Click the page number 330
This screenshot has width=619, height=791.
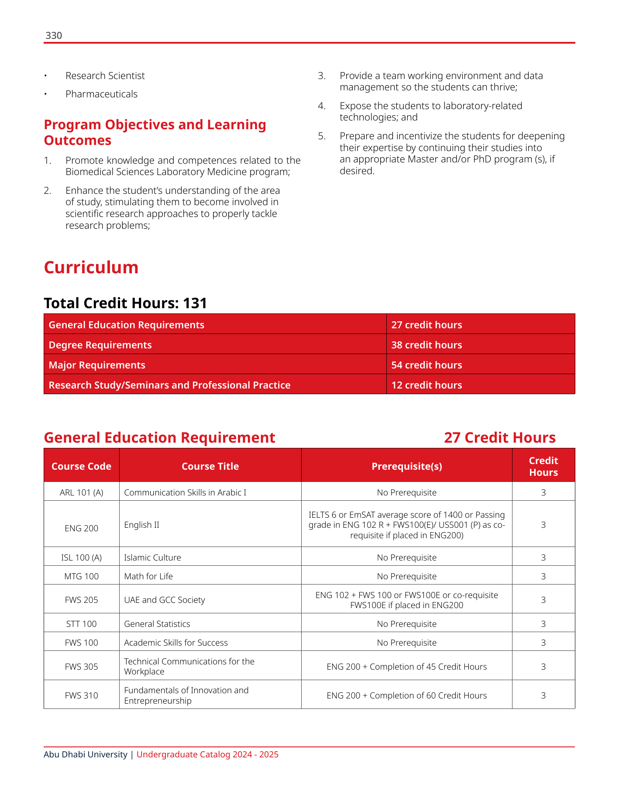(x=54, y=36)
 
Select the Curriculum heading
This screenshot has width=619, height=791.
(x=91, y=268)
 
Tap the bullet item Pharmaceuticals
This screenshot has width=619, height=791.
(x=101, y=94)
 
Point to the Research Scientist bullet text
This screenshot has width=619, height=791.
(x=105, y=76)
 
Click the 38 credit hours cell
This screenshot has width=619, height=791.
(x=426, y=345)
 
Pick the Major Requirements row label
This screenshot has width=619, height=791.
(x=97, y=365)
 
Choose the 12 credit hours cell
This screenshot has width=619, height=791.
(x=426, y=385)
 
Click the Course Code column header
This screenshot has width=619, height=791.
(x=81, y=466)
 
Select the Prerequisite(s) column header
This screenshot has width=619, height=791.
(x=406, y=466)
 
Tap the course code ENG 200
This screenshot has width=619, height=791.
(x=81, y=528)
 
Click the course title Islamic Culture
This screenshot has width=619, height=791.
(x=152, y=557)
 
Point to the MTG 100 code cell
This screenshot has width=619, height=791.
(x=81, y=576)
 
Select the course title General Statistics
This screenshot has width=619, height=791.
(x=157, y=624)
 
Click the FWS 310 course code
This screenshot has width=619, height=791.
(x=81, y=695)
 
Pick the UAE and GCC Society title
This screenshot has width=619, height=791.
(x=164, y=600)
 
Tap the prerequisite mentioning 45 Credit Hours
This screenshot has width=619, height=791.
(x=406, y=667)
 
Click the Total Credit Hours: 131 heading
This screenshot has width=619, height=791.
(x=125, y=303)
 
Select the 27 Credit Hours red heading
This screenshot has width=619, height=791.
(x=499, y=437)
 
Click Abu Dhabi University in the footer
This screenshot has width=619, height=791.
(x=85, y=754)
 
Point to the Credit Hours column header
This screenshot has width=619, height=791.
(x=543, y=466)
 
